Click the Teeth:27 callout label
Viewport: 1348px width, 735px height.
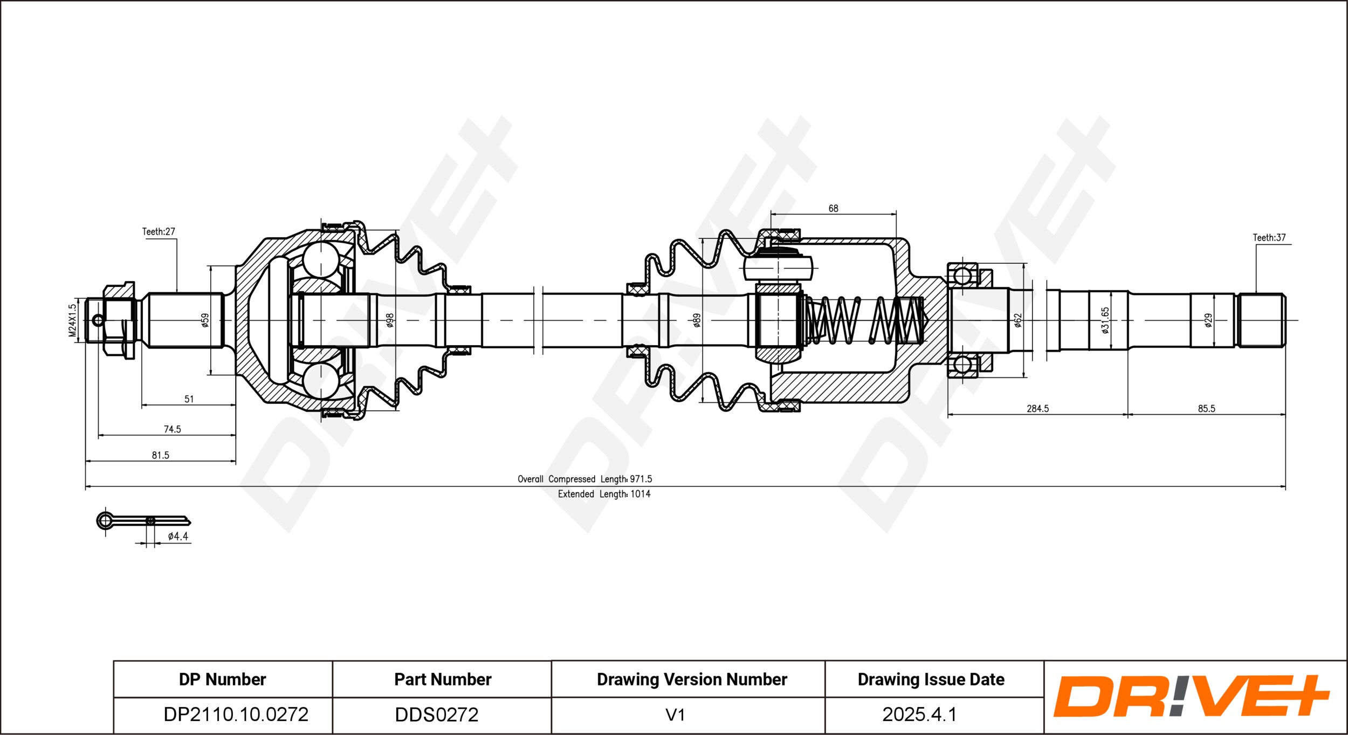click(x=159, y=232)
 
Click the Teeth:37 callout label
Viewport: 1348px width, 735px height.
click(x=1269, y=238)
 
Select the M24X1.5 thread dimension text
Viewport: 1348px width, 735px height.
click(x=73, y=320)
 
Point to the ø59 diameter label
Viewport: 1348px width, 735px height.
click(x=205, y=320)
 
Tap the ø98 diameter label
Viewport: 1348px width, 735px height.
click(x=390, y=320)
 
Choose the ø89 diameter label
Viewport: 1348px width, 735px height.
click(x=697, y=320)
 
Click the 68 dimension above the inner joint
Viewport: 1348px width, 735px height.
click(x=833, y=208)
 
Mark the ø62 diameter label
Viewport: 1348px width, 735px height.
click(x=1017, y=320)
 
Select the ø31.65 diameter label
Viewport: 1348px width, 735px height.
click(x=1105, y=320)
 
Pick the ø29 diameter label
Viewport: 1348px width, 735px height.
click(x=1208, y=320)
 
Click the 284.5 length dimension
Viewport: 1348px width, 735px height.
click(x=1037, y=409)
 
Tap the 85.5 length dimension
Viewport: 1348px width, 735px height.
click(x=1207, y=409)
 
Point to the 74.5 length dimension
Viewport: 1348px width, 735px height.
click(x=173, y=429)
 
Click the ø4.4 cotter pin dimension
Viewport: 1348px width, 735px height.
click(x=178, y=536)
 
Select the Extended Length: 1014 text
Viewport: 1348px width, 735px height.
click(x=604, y=494)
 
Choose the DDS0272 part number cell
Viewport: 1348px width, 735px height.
click(x=442, y=715)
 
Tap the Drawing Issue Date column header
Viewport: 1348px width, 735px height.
click(x=931, y=679)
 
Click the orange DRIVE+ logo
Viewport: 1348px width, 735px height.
click(x=1192, y=696)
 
